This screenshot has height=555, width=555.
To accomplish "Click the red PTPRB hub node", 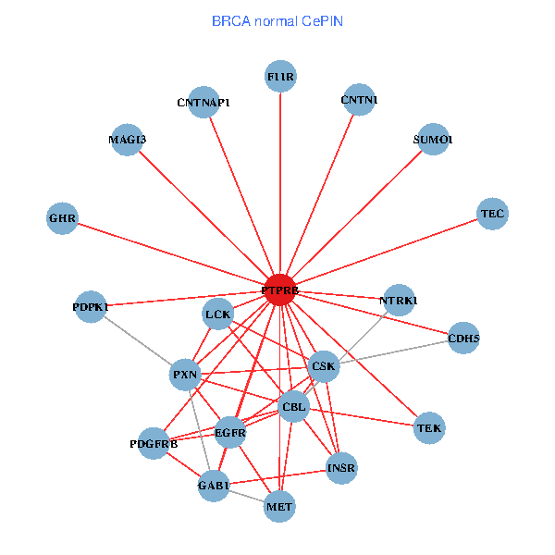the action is tap(280, 290).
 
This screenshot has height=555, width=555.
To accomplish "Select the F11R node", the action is tap(280, 77).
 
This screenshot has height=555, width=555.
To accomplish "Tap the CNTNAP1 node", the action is tap(203, 102).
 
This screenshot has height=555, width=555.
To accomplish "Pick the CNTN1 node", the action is tap(359, 100).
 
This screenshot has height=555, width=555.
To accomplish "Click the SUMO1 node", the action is tap(433, 140).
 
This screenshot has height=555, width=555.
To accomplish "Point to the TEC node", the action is tap(492, 214).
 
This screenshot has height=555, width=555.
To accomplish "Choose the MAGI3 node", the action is tap(127, 140).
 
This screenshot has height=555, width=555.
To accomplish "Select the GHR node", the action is tap(62, 219).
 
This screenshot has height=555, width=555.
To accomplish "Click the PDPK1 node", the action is tap(91, 306).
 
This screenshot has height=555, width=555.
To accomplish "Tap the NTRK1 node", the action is tap(399, 300).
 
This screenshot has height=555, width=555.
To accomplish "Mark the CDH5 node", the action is tap(463, 339).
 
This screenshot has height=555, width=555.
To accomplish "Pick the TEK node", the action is tap(429, 428).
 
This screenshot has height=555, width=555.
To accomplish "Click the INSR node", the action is tap(341, 469).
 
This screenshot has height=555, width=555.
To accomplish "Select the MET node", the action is tap(279, 506).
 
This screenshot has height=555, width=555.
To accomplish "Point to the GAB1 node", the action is tap(214, 486).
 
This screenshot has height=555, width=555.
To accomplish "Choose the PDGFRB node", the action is tap(154, 444).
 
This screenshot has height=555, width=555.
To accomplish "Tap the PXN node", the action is tap(186, 375).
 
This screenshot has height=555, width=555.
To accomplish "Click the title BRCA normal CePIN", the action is tap(277, 21).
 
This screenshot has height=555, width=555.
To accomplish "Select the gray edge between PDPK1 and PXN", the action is tap(139, 340).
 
